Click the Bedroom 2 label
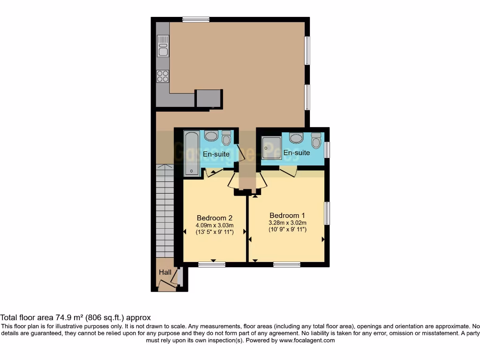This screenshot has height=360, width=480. coord(215,218)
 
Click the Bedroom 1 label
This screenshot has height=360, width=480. coord(287,216)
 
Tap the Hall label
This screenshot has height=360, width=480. coord(165,272)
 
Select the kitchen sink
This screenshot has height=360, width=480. coord(163,46)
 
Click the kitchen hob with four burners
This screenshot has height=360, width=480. coord(163,76)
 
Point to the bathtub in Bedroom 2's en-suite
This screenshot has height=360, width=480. coord(192,153)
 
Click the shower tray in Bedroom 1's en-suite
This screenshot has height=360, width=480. coord(271,148)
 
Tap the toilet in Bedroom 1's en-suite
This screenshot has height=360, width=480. coord(316,140)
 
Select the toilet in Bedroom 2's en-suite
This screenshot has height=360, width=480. coord(226,138)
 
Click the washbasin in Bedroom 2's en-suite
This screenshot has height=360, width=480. coord(211,136)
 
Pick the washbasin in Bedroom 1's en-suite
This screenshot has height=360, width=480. coord(296,138)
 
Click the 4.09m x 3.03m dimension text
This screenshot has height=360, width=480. coord(215,225)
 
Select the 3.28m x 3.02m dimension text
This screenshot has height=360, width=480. coord(287,223)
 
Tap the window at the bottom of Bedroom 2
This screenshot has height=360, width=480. coord(211,264)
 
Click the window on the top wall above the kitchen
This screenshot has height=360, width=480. coord(196,19)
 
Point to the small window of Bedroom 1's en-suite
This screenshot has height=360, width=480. coord(327,150)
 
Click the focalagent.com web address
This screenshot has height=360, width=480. coord(307,340)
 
